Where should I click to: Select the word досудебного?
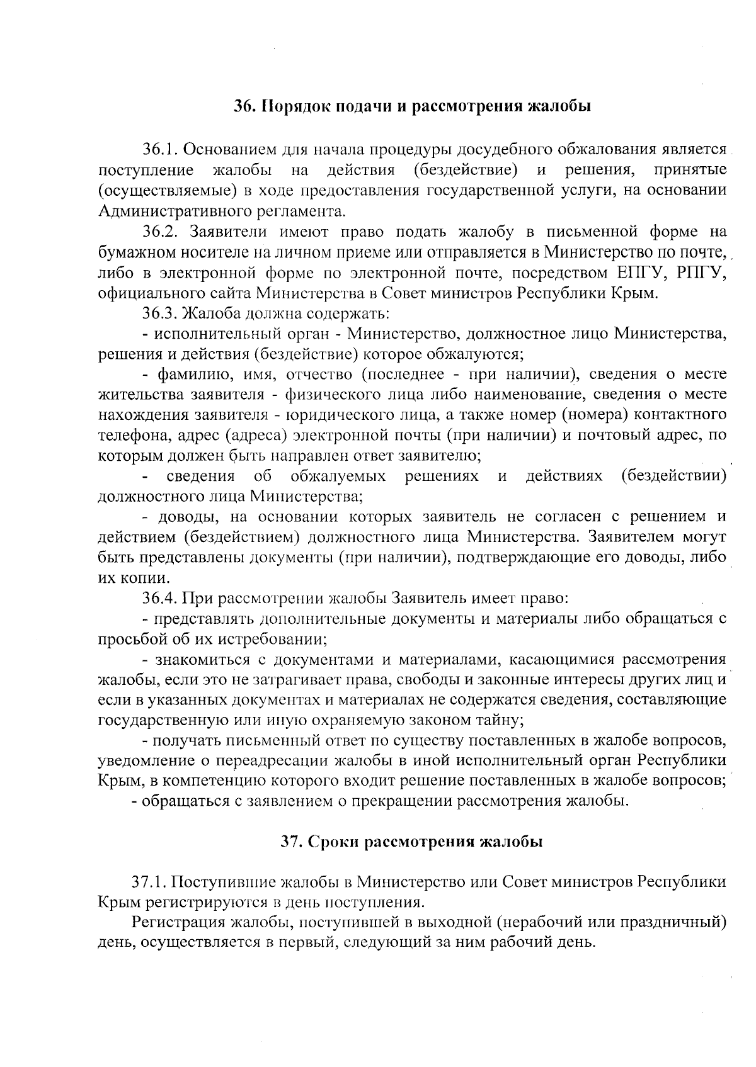[500, 150]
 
